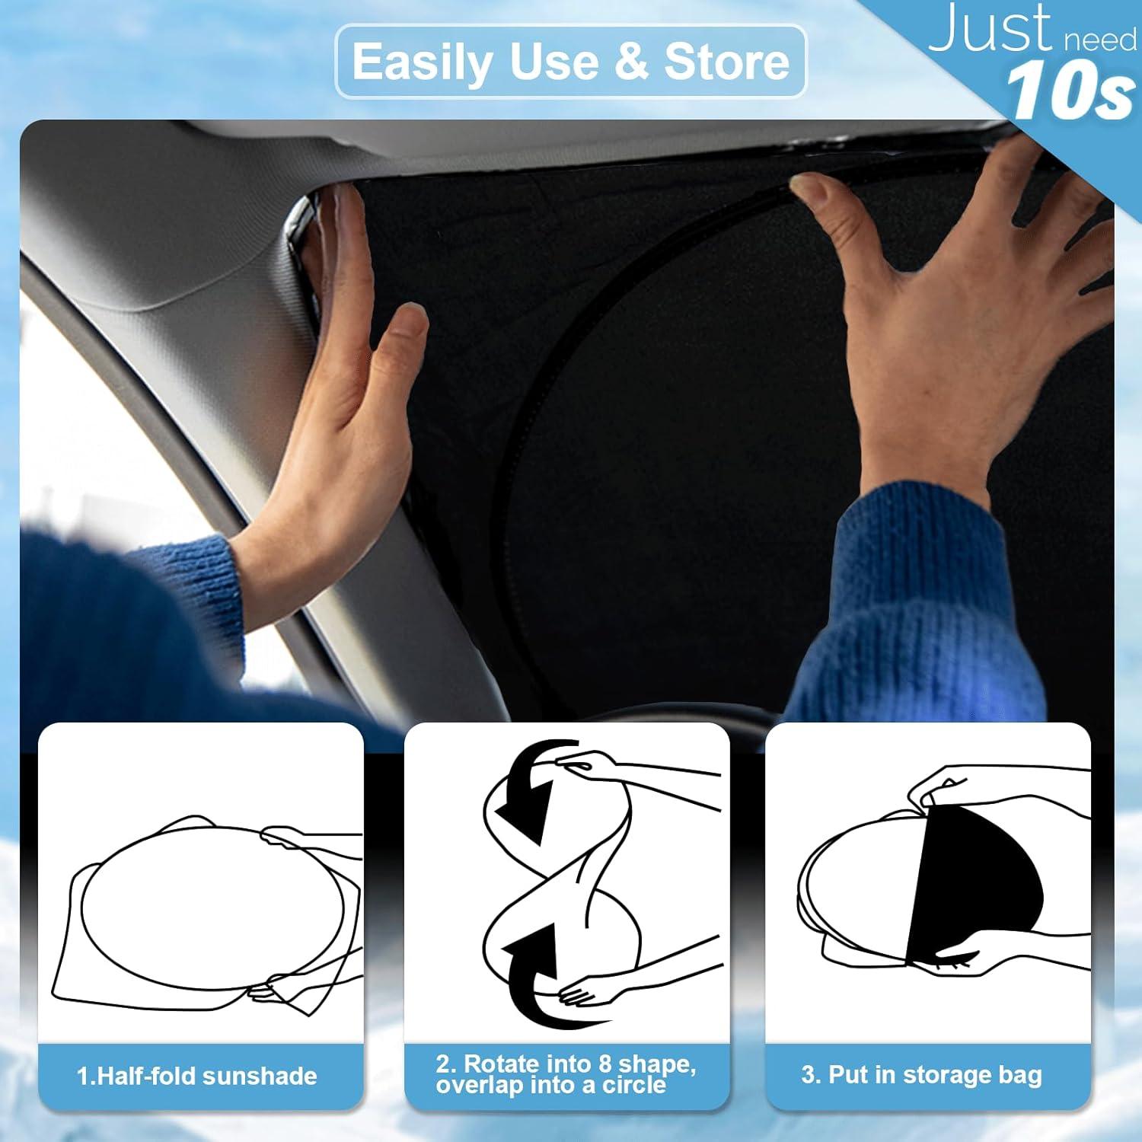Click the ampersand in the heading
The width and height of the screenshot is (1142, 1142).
tap(631, 62)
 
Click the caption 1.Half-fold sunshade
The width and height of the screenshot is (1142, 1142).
tap(196, 1076)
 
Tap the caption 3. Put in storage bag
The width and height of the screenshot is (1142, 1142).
tap(921, 1074)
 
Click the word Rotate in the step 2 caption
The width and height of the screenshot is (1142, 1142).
tap(501, 1064)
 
